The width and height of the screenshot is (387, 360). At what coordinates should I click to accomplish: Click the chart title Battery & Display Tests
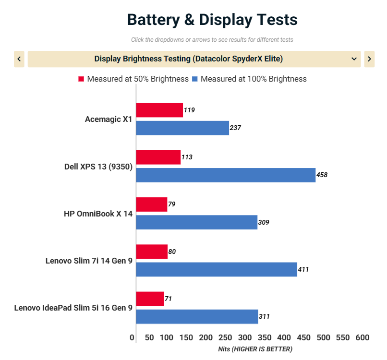(x=212, y=20)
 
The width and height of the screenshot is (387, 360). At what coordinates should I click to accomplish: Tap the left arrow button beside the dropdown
(x=19, y=59)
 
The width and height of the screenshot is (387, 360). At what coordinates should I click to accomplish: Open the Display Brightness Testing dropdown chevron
(x=354, y=59)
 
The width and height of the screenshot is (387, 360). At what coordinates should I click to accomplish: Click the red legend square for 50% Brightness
(x=81, y=79)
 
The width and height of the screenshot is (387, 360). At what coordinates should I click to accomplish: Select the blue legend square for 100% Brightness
(x=195, y=79)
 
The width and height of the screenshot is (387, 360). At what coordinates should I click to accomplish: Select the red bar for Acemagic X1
(x=159, y=110)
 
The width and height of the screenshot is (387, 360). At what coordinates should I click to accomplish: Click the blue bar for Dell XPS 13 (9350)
(x=226, y=175)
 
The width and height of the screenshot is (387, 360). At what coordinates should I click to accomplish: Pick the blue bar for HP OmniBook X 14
(x=197, y=222)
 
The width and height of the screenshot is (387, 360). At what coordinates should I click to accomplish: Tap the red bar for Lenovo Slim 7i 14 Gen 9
(x=152, y=252)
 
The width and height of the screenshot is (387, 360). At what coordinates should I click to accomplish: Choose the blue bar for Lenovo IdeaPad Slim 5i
(x=197, y=316)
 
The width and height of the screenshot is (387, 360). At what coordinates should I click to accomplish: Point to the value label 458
(x=322, y=175)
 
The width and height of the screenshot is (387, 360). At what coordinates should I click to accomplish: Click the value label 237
(x=235, y=128)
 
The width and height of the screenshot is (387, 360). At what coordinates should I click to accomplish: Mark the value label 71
(x=168, y=299)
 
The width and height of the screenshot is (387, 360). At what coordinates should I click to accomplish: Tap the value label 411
(x=303, y=270)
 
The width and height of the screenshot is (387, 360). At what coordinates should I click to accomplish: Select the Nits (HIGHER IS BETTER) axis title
(x=255, y=349)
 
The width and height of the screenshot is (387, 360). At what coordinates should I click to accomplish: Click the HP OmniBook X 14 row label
(x=98, y=214)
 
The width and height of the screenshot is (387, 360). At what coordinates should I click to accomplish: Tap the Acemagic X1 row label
(x=109, y=120)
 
